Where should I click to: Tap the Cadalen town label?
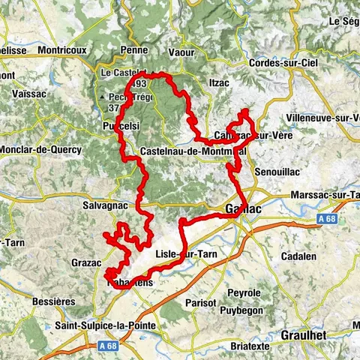[x=299, y=256]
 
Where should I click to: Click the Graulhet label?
[x=304, y=335]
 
